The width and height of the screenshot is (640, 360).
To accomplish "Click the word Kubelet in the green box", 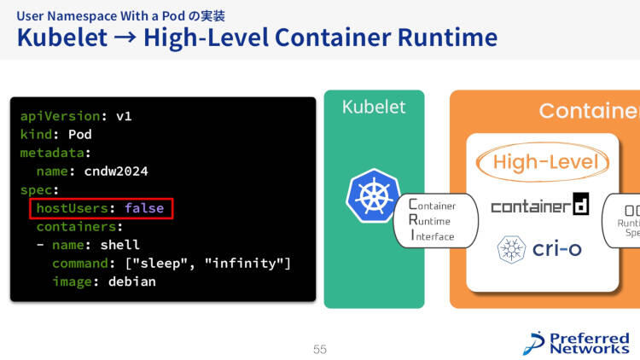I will [x=374, y=107].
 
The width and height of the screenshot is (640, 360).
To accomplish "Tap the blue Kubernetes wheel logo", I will [x=373, y=196].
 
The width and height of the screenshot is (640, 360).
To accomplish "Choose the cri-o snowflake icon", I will [x=512, y=249].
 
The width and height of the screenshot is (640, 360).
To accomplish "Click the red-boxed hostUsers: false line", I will [x=99, y=208].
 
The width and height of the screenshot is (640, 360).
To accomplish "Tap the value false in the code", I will [x=143, y=208].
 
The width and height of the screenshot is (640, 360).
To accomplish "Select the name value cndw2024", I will [x=116, y=171].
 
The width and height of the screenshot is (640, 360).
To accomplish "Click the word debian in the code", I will [x=131, y=282].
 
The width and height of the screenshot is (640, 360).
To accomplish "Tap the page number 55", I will [x=320, y=349].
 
